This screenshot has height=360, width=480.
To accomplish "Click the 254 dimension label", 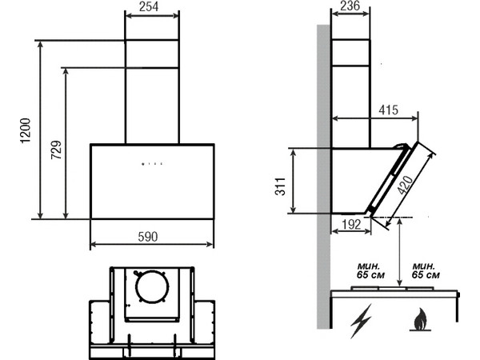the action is [149, 6].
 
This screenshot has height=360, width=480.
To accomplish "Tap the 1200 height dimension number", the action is [26, 130].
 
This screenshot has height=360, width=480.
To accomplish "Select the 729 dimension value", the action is [56, 150].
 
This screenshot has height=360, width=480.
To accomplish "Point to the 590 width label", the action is [148, 236].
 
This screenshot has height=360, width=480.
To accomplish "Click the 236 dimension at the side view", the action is [350, 6].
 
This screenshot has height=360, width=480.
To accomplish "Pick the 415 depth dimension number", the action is [389, 110].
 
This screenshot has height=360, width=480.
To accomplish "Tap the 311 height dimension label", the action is [280, 186].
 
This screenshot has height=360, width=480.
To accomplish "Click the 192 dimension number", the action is [351, 225].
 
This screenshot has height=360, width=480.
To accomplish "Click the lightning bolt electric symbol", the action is [362, 321].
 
